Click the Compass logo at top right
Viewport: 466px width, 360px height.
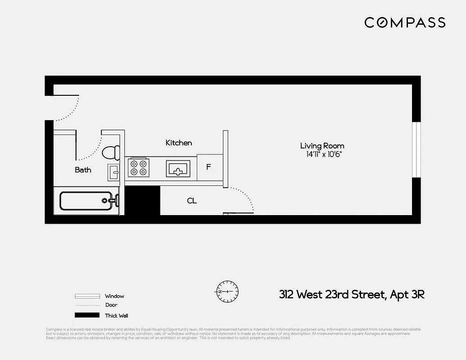404,22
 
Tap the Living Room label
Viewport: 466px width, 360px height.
322,146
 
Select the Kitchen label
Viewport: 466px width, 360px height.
179,143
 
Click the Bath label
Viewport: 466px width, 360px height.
83,170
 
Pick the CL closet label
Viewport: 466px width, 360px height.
192,201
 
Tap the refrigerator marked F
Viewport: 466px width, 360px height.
209,167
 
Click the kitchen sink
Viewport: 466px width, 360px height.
179,169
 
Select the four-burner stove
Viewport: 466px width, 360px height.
139,167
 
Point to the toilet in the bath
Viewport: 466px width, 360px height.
111,153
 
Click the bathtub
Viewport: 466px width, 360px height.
86,201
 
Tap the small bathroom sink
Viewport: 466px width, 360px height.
113,172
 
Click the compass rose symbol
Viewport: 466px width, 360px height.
227,291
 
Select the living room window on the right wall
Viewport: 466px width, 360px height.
416,149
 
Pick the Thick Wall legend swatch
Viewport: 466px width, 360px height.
87,315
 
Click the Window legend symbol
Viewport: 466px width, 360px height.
87,296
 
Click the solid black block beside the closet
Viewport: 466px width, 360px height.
142,201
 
